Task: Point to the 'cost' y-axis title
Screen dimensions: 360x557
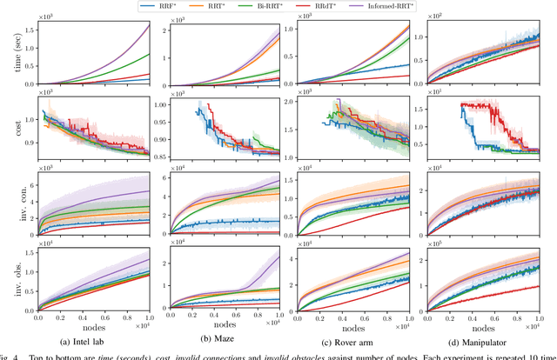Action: click(x=9, y=127)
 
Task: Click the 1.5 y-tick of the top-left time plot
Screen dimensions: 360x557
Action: click(x=29, y=26)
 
